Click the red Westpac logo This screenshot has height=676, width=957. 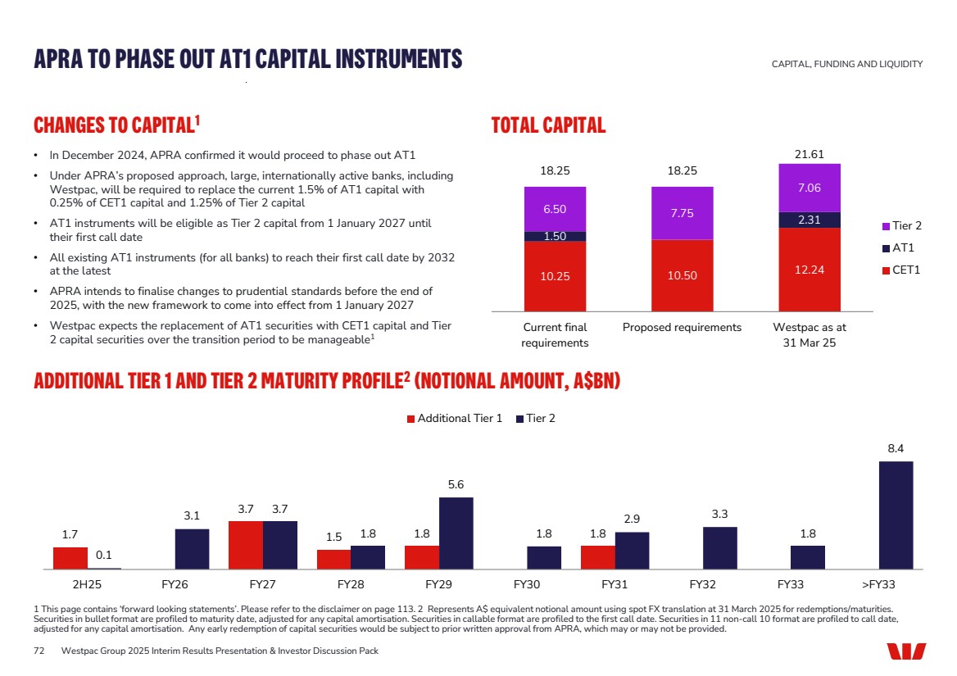pyautogui.click(x=906, y=651)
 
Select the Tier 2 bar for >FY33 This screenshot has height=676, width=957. pyautogui.click(x=896, y=515)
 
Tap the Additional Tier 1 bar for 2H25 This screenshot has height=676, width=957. pyautogui.click(x=70, y=558)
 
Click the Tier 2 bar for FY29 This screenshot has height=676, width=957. pyautogui.click(x=456, y=533)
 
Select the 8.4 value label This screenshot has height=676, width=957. pyautogui.click(x=896, y=449)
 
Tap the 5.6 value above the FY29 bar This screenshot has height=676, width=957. pyautogui.click(x=456, y=485)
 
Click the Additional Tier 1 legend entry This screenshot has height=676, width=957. pyautogui.click(x=455, y=419)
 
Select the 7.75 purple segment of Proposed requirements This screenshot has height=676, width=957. pyautogui.click(x=682, y=213)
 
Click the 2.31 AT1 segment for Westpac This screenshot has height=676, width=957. pyautogui.click(x=810, y=220)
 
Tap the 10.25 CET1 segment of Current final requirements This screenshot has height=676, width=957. pyautogui.click(x=555, y=276)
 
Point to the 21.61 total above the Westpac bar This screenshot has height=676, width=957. pyautogui.click(x=810, y=153)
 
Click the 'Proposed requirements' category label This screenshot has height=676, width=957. pyautogui.click(x=682, y=327)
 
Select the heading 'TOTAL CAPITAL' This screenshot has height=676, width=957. pyautogui.click(x=548, y=125)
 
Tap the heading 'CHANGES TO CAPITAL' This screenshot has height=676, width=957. pyautogui.click(x=113, y=125)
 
